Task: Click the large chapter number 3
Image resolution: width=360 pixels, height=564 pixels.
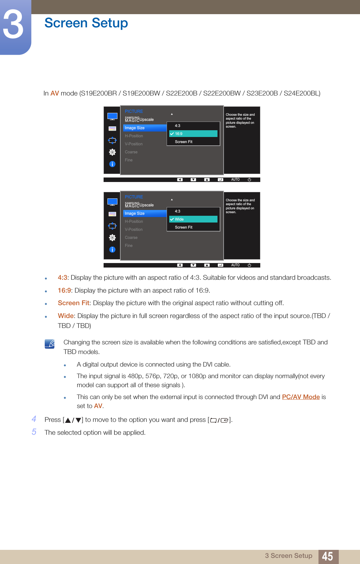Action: pyautogui.click(x=14, y=24)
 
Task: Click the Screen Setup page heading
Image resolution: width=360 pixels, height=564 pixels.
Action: pyautogui.click(x=86, y=23)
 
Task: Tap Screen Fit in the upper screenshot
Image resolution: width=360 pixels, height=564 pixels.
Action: pyautogui.click(x=183, y=142)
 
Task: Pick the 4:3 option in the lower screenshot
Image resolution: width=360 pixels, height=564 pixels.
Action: pyautogui.click(x=178, y=211)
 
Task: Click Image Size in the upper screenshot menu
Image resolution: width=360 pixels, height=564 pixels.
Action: pyautogui.click(x=135, y=128)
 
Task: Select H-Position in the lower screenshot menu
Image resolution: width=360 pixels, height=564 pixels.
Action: pyautogui.click(x=134, y=222)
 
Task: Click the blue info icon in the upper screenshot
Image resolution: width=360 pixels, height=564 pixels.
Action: pyautogui.click(x=112, y=164)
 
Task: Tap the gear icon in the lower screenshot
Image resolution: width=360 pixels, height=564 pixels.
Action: pyautogui.click(x=112, y=238)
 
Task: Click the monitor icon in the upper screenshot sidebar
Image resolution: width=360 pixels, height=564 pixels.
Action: pyautogui.click(x=112, y=116)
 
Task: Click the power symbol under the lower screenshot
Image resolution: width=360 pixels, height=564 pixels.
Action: pyautogui.click(x=249, y=265)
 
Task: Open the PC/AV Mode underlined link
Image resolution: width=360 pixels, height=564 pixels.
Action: pyautogui.click(x=301, y=397)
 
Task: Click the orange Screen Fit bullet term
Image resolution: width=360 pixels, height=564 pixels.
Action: pyautogui.click(x=73, y=303)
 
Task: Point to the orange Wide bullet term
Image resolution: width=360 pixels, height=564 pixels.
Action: pyautogui.click(x=66, y=316)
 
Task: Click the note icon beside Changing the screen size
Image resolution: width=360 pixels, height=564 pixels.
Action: pyautogui.click(x=50, y=344)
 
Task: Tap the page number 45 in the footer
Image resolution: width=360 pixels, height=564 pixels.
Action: pyautogui.click(x=328, y=556)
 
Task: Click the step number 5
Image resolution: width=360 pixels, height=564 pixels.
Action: pyautogui.click(x=34, y=432)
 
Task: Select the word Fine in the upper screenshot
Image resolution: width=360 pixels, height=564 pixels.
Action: pyautogui.click(x=129, y=160)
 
